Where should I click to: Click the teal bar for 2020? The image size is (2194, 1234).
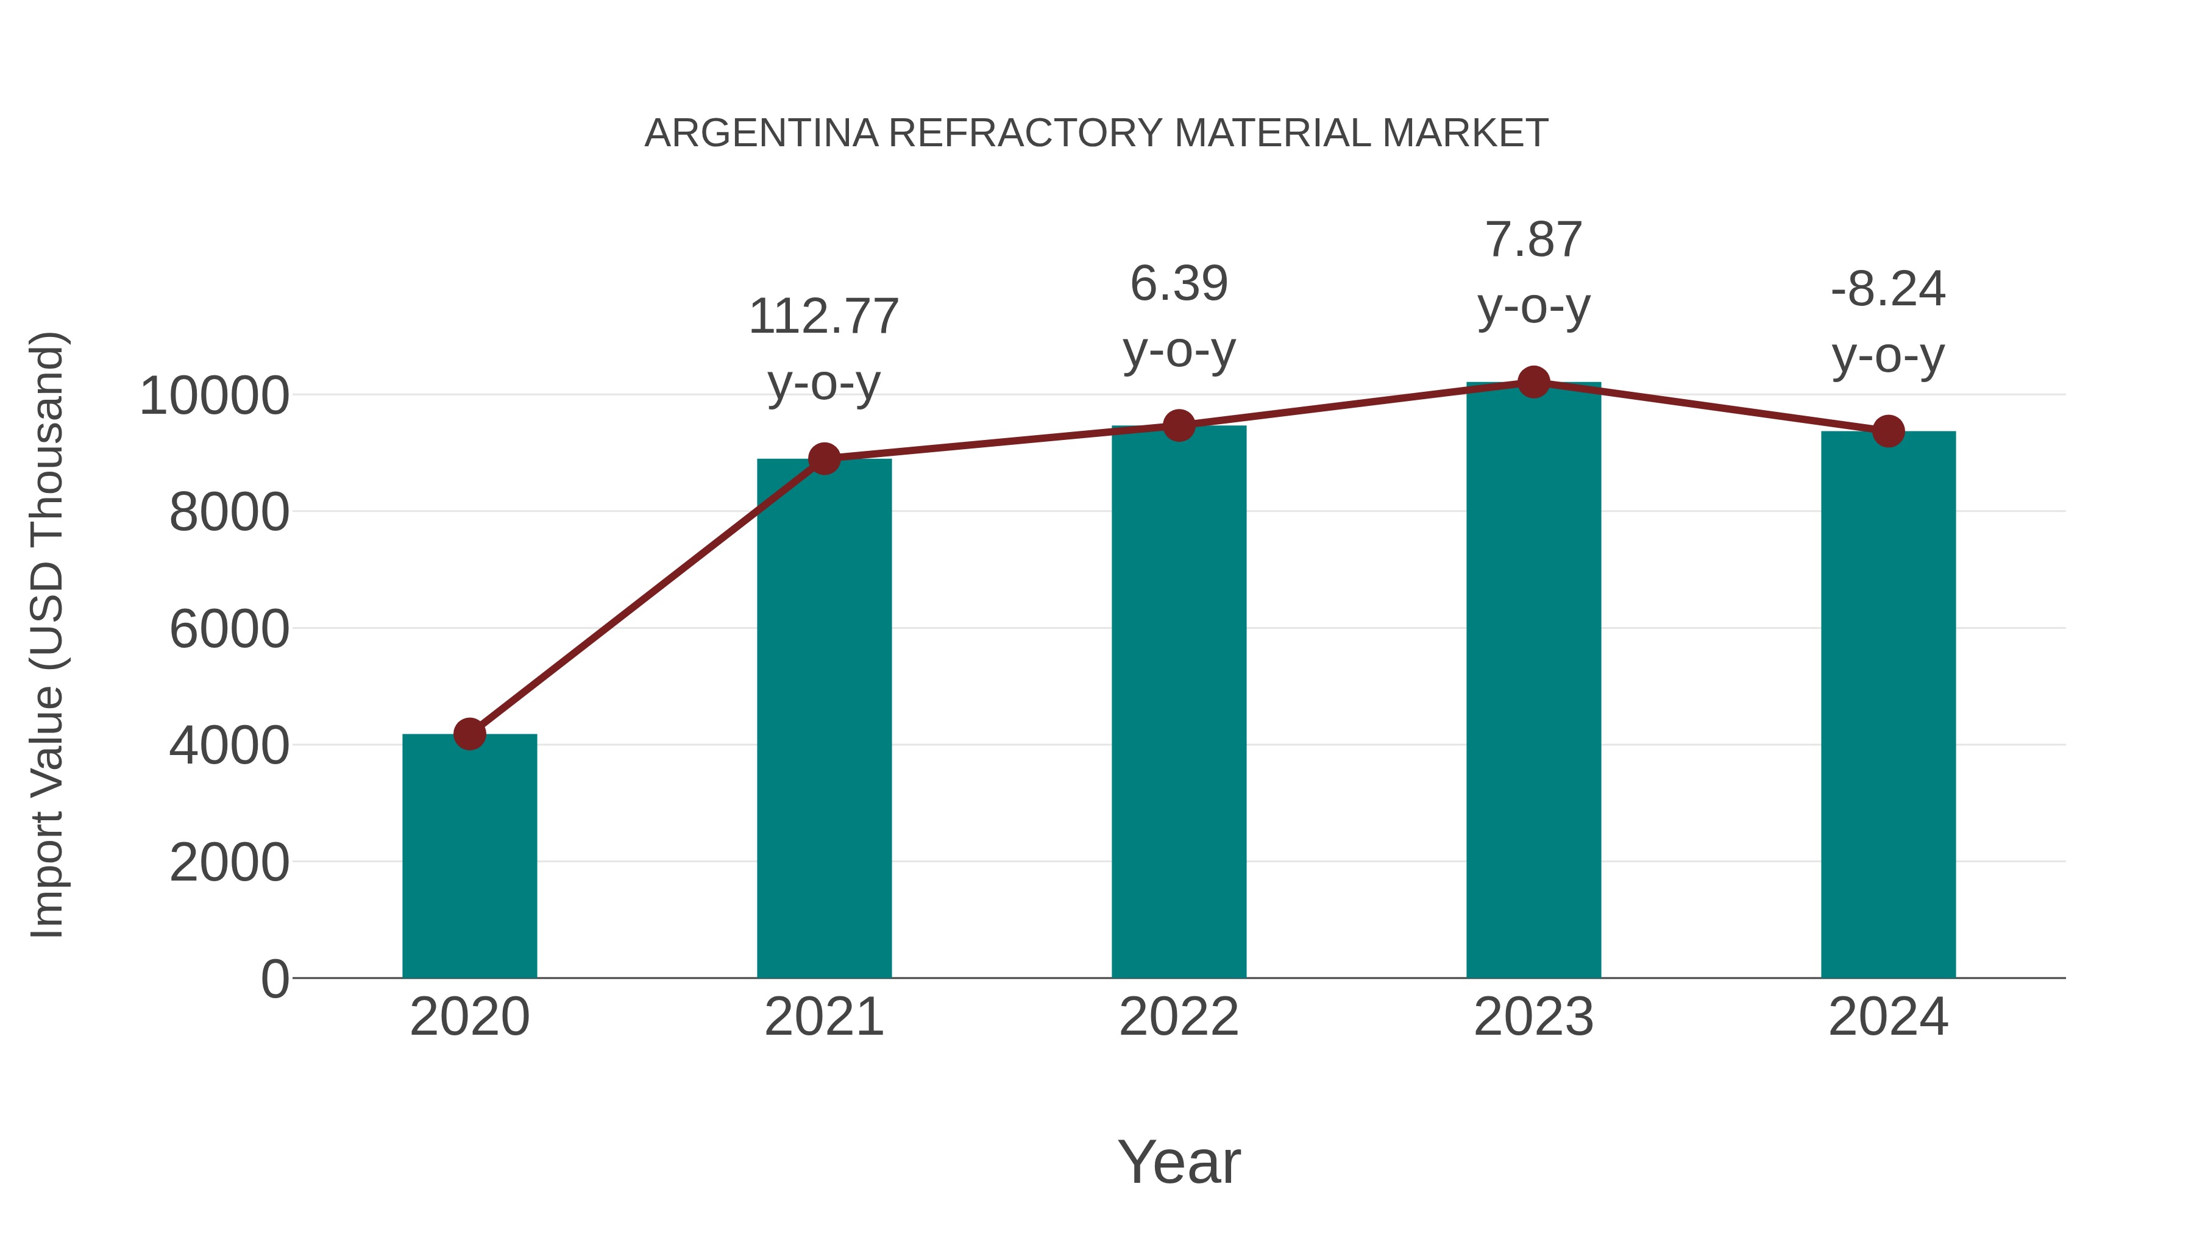(469, 856)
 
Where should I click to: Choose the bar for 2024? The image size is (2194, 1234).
(1888, 704)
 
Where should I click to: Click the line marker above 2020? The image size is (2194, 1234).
(469, 733)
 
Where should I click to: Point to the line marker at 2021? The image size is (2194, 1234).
(823, 459)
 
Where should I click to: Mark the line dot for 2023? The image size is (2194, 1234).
(1533, 382)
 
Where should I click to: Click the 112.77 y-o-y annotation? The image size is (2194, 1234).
(823, 349)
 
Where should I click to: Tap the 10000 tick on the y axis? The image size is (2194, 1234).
(214, 396)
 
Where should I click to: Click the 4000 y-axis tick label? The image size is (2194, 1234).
(229, 746)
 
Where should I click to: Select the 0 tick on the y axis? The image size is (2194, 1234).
(274, 979)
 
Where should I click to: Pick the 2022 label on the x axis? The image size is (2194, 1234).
(1179, 1017)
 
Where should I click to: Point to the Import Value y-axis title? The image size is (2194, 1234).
(47, 634)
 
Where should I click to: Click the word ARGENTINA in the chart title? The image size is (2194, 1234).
(761, 133)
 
